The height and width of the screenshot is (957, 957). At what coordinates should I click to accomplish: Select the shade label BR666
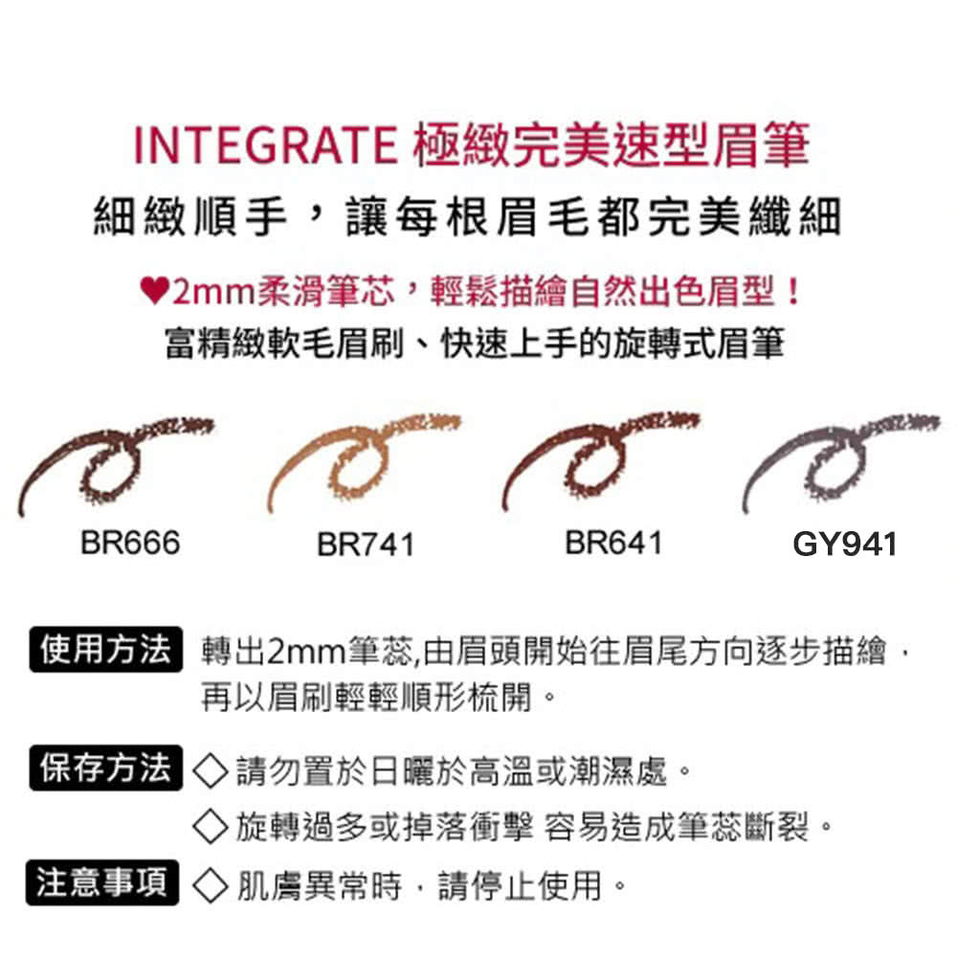tap(130, 543)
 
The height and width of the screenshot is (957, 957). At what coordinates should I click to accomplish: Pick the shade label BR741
tap(367, 545)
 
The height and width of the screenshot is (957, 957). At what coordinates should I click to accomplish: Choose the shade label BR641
tap(613, 543)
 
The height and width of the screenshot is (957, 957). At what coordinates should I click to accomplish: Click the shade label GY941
tap(845, 545)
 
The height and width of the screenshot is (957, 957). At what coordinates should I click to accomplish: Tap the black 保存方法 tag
tap(105, 768)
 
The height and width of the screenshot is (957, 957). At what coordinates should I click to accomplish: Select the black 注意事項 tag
tap(105, 882)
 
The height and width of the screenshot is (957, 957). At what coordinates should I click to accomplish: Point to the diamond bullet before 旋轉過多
tap(211, 825)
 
